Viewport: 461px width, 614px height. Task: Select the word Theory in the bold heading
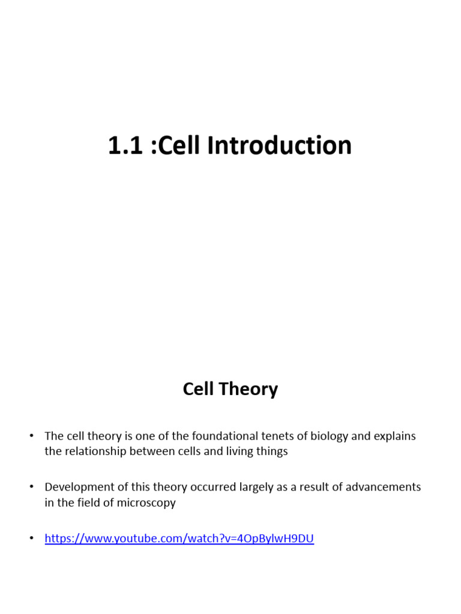pos(248,390)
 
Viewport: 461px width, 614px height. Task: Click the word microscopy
pos(148,503)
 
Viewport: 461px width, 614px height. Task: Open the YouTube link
pos(179,538)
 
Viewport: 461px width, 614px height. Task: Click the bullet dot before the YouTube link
pos(32,539)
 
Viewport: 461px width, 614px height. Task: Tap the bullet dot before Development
pos(32,487)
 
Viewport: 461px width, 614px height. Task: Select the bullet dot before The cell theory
pos(32,437)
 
